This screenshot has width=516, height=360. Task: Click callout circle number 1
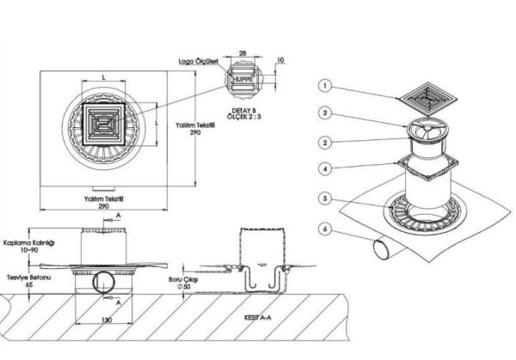pyautogui.click(x=325, y=85)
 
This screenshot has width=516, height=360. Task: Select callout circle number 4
pyautogui.click(x=325, y=168)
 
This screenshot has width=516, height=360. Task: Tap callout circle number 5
pyautogui.click(x=325, y=198)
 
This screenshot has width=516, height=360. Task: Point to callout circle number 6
pyautogui.click(x=325, y=229)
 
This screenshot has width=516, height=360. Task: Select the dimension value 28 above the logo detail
pyautogui.click(x=243, y=54)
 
